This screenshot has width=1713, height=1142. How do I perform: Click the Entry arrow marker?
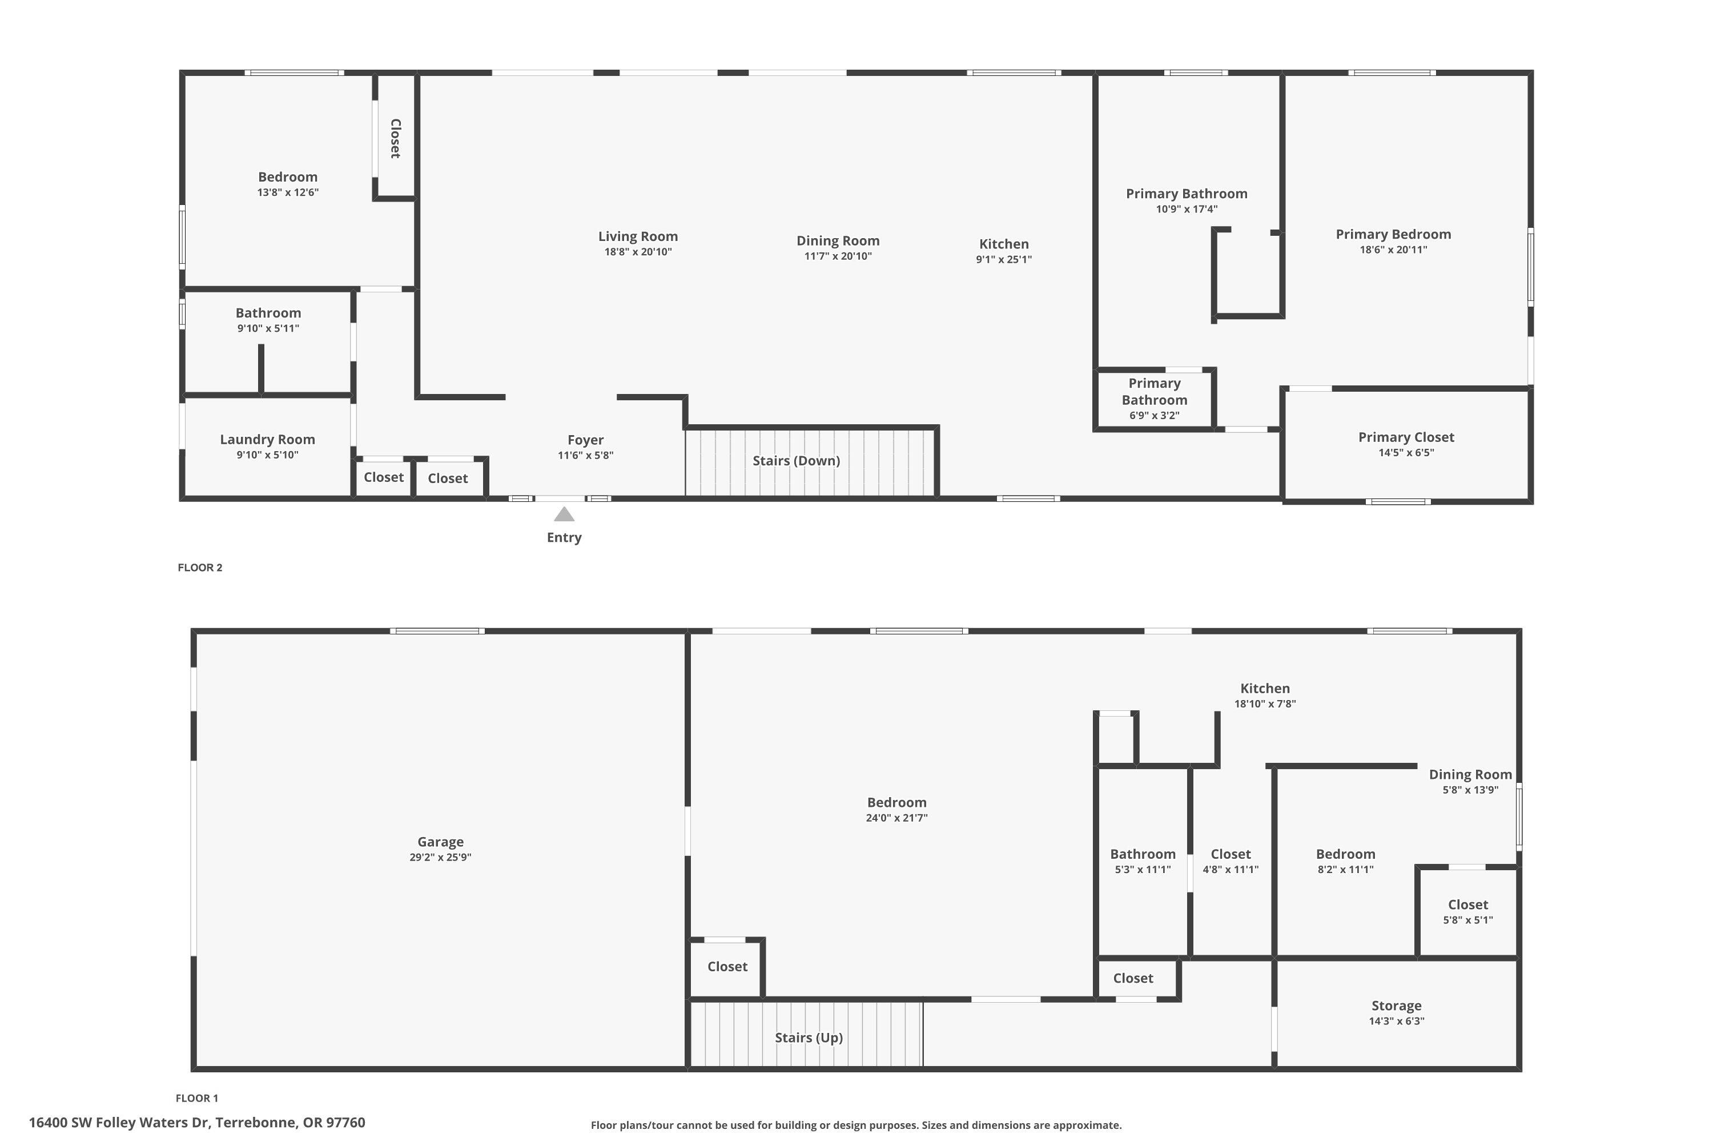point(564,515)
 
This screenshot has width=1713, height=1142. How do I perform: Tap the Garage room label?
point(440,841)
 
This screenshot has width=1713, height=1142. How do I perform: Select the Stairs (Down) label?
point(796,460)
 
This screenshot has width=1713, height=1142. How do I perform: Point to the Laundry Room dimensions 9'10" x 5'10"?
point(267,455)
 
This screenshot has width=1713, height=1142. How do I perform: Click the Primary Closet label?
point(1406,437)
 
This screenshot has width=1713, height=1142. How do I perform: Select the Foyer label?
point(585,440)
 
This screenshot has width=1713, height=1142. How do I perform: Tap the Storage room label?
point(1396,1005)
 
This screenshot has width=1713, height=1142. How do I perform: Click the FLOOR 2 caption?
point(199,568)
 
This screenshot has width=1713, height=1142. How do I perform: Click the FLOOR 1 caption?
point(196,1097)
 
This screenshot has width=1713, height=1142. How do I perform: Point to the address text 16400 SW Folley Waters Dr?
point(196,1123)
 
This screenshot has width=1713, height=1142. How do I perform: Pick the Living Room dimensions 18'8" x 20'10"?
point(637,252)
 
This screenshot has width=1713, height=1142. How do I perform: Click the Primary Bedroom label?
point(1393,234)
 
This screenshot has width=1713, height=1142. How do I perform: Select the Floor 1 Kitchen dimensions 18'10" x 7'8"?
point(1264,703)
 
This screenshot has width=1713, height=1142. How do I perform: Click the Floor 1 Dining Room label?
point(1470,774)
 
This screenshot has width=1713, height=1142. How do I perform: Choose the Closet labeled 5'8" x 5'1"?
point(1467,912)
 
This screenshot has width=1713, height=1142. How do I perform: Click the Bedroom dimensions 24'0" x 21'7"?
point(896,818)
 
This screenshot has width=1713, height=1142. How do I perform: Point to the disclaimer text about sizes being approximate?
point(856,1125)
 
